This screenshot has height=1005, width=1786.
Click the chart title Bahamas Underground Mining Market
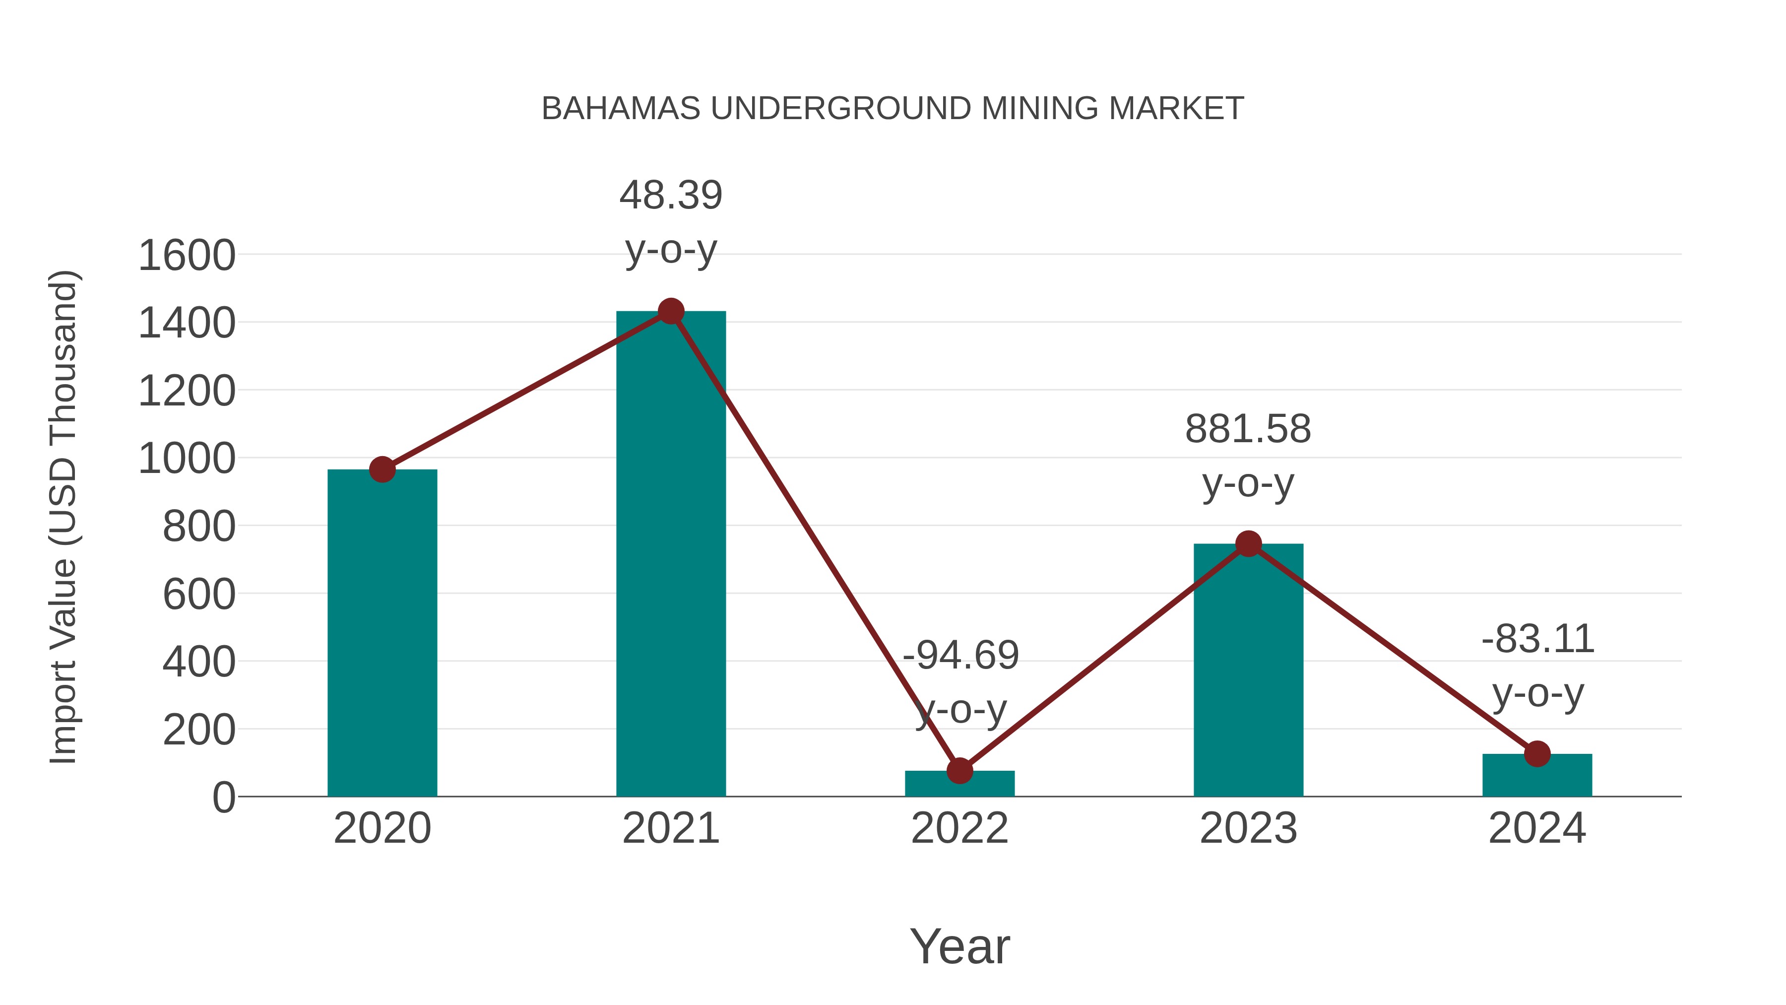pyautogui.click(x=893, y=109)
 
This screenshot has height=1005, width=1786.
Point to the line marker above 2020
pyautogui.click(x=382, y=469)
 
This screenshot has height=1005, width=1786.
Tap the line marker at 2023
pyautogui.click(x=1248, y=544)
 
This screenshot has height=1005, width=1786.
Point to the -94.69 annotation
pyautogui.click(x=960, y=656)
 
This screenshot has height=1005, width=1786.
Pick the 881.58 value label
pyautogui.click(x=1248, y=429)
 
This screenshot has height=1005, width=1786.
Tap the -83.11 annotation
pyautogui.click(x=1538, y=639)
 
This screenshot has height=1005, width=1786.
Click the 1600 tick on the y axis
pyautogui.click(x=187, y=255)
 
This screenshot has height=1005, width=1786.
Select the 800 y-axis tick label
pyautogui.click(x=199, y=527)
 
